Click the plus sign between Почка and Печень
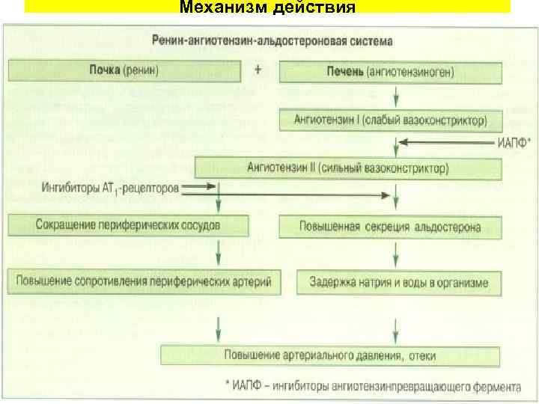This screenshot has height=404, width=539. [x=258, y=70]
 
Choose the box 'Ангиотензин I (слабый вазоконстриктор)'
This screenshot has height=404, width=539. [x=391, y=119]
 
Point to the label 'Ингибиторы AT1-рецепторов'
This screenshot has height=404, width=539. [x=111, y=189]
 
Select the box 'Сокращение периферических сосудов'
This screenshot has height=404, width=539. [x=128, y=224]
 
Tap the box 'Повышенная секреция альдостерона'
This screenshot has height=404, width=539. [x=390, y=226]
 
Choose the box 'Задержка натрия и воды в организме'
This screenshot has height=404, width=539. [x=399, y=283]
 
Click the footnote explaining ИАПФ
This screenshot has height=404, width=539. [x=374, y=387]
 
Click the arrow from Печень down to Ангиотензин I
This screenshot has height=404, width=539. [x=397, y=97]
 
